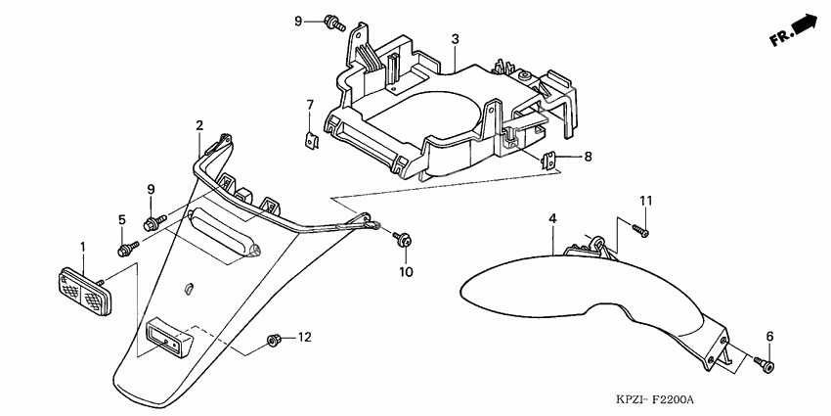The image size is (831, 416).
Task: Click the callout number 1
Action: (83, 247)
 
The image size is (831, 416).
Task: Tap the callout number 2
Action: (199, 125)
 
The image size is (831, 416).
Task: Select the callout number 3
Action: (456, 39)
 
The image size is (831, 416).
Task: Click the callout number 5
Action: (123, 219)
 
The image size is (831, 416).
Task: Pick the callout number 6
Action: (769, 337)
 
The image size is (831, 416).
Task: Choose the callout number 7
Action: (309, 105)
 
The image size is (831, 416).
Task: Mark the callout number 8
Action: (589, 157)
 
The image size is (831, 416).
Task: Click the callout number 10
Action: (406, 270)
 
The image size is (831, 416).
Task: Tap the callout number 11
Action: (645, 202)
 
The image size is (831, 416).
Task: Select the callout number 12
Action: (304, 338)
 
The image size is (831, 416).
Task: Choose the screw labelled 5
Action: (124, 251)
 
